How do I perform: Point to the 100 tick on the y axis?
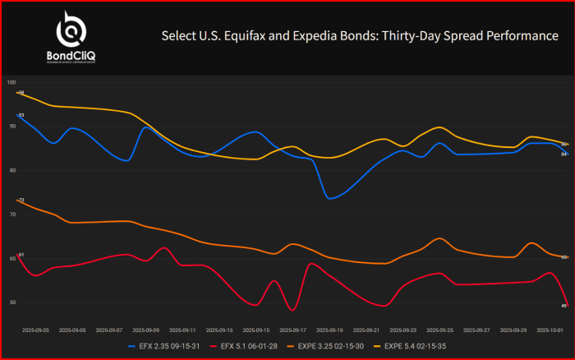[x=11, y=82]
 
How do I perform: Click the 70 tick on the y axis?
[x=11, y=215]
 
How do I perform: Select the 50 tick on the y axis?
[x=11, y=302]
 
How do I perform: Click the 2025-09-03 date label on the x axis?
[x=36, y=330]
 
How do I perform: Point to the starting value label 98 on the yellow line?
[x=21, y=93]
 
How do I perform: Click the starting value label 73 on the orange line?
[x=21, y=201]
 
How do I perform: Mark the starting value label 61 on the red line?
[x=21, y=255]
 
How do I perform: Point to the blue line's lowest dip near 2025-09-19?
[x=329, y=198]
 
